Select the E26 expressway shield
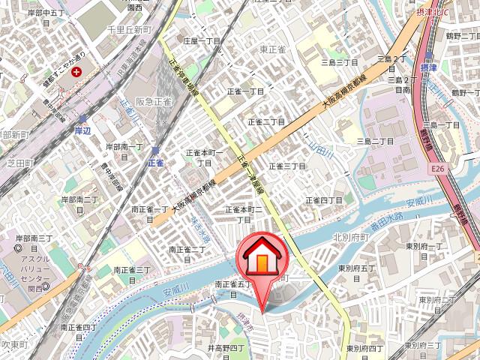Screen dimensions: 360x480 tap(439, 171)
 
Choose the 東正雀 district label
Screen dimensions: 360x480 tap(273, 49)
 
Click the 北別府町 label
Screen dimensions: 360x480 tap(352, 237)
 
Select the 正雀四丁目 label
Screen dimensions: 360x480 tap(324, 201)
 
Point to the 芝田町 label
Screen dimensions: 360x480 tap(16, 160)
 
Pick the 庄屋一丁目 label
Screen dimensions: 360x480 tap(202, 42)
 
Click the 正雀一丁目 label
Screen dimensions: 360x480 tap(246, 91)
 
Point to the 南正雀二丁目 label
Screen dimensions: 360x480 tap(187, 250)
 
